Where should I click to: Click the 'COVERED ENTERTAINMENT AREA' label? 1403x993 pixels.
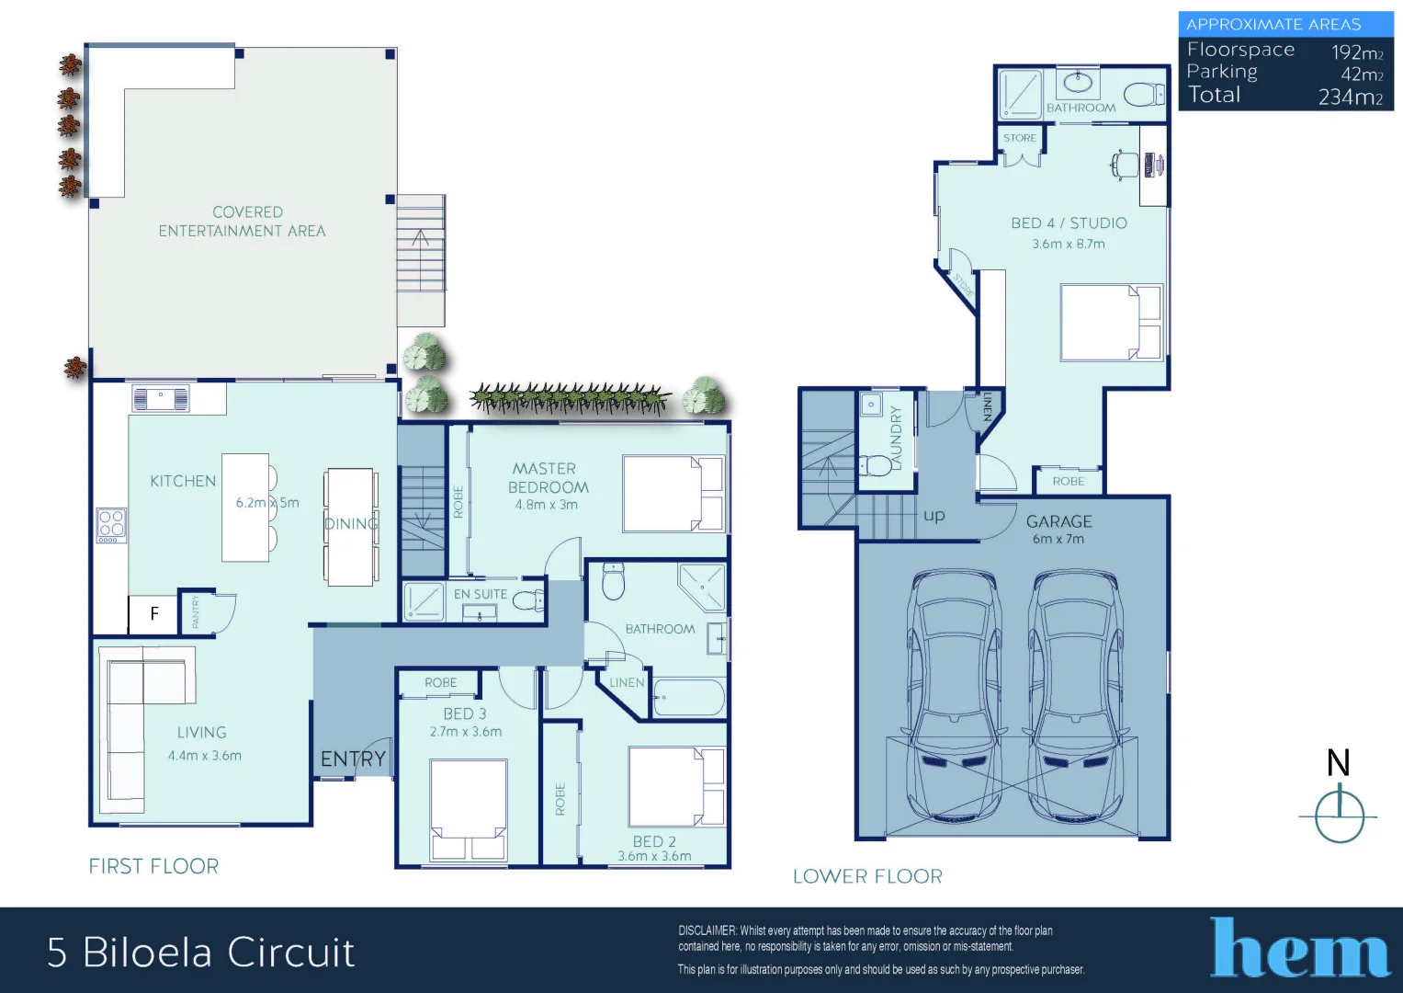click(x=243, y=222)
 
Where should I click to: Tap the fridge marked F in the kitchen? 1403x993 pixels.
click(x=153, y=613)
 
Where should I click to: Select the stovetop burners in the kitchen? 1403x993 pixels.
click(x=111, y=524)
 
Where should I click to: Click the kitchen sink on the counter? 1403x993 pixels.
click(x=161, y=398)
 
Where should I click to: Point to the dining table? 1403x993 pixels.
click(x=350, y=527)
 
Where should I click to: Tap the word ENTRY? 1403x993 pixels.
click(x=353, y=759)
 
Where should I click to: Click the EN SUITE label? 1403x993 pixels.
click(x=480, y=594)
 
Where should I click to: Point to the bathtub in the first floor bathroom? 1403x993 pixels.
click(x=689, y=698)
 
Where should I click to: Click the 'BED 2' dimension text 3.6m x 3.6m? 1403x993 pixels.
click(x=654, y=856)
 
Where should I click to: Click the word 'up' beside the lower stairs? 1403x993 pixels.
click(x=933, y=515)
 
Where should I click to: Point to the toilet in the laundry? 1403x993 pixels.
click(x=877, y=465)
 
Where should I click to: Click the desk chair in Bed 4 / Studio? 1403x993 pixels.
click(x=1124, y=165)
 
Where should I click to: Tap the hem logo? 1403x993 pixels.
click(x=1299, y=949)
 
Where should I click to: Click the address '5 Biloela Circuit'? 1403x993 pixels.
click(x=200, y=953)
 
